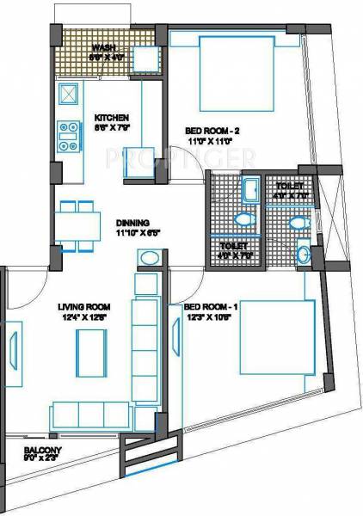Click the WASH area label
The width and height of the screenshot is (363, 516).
(x=104, y=49)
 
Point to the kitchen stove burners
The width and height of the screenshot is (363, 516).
(x=68, y=131)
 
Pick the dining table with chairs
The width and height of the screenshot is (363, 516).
(x=77, y=225)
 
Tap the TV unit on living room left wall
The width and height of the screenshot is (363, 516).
(x=15, y=353)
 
